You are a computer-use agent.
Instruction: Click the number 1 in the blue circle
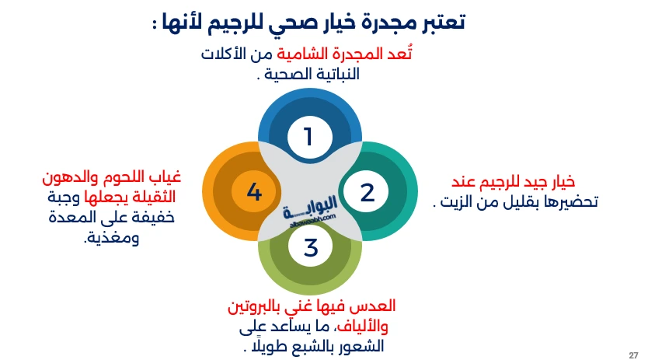[x=309, y=137]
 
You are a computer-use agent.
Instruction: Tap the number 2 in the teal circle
[x=367, y=192]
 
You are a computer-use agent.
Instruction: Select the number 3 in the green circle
[x=311, y=248]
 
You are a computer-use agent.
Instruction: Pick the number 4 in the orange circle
[x=254, y=192]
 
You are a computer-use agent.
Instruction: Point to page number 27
[x=633, y=350]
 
